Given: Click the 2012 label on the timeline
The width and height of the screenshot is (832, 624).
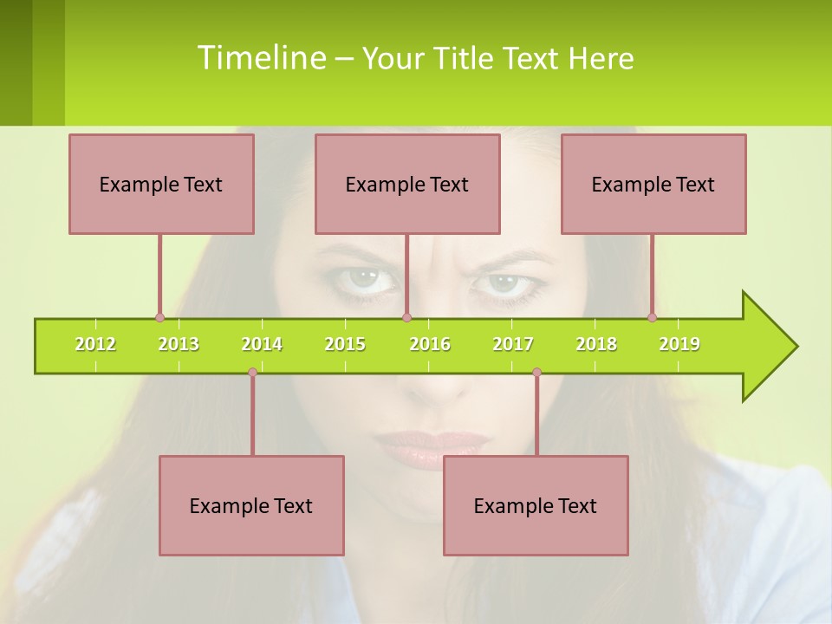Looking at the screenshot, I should [95, 344].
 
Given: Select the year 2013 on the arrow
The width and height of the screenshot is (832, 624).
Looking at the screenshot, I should [179, 344].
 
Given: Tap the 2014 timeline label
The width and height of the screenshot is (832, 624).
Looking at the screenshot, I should [262, 344].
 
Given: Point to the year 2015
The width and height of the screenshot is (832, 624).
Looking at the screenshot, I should [345, 344].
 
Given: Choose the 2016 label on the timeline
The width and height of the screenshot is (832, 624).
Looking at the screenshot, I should [430, 344].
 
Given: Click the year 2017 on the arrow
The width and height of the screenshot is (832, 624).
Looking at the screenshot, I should [513, 344].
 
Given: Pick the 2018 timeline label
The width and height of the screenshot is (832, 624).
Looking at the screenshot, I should [596, 344].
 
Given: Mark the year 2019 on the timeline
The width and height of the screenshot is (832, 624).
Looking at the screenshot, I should [679, 344].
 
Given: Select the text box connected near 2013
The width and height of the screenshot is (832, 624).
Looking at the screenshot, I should [161, 184].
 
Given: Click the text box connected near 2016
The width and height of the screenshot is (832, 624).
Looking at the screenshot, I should [407, 184].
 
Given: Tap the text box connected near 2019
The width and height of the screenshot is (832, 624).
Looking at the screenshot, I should [653, 184].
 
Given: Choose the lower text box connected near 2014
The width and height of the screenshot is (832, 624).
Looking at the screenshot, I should [251, 505].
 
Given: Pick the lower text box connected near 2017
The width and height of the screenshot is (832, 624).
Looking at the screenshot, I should [536, 505].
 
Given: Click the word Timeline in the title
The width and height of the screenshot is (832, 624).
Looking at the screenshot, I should [260, 58].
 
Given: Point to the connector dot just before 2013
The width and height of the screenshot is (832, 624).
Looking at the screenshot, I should [159, 317].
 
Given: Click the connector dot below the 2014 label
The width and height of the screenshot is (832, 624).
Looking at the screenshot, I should [252, 373].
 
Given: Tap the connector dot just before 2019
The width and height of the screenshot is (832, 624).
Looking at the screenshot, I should [652, 317].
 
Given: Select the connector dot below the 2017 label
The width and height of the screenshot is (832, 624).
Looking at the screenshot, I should [536, 373].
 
